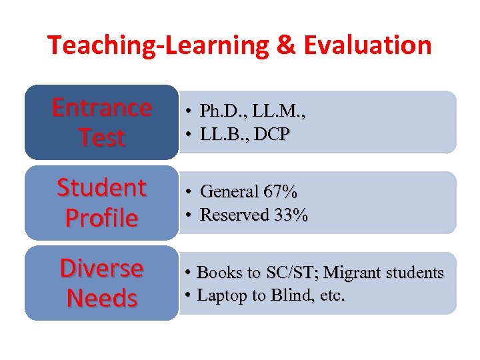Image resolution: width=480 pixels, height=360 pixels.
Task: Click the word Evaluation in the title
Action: tap(367, 45)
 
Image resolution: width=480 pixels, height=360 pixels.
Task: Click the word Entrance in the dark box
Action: tap(102, 107)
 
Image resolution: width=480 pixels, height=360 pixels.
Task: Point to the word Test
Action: tap(102, 138)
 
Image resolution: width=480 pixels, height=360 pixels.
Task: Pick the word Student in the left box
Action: tap(102, 188)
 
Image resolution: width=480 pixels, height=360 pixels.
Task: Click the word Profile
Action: tap(102, 218)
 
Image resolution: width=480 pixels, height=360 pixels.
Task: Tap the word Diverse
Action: tap(102, 268)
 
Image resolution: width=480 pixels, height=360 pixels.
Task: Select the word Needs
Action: tap(102, 298)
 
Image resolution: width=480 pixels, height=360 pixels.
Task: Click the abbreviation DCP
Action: tap(271, 134)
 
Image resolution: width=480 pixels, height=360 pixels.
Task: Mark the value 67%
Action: tap(281, 192)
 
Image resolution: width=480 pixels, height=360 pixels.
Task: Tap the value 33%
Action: tap(291, 215)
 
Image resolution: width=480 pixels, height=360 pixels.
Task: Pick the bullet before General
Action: tap(189, 193)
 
